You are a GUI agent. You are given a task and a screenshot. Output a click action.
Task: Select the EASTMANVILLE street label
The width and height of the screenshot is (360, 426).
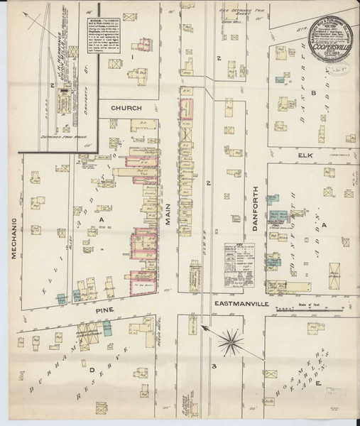pyautogui.click(x=241, y=303)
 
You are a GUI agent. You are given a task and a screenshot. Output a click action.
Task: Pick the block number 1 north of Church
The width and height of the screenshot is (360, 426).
pyautogui.click(x=131, y=55)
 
